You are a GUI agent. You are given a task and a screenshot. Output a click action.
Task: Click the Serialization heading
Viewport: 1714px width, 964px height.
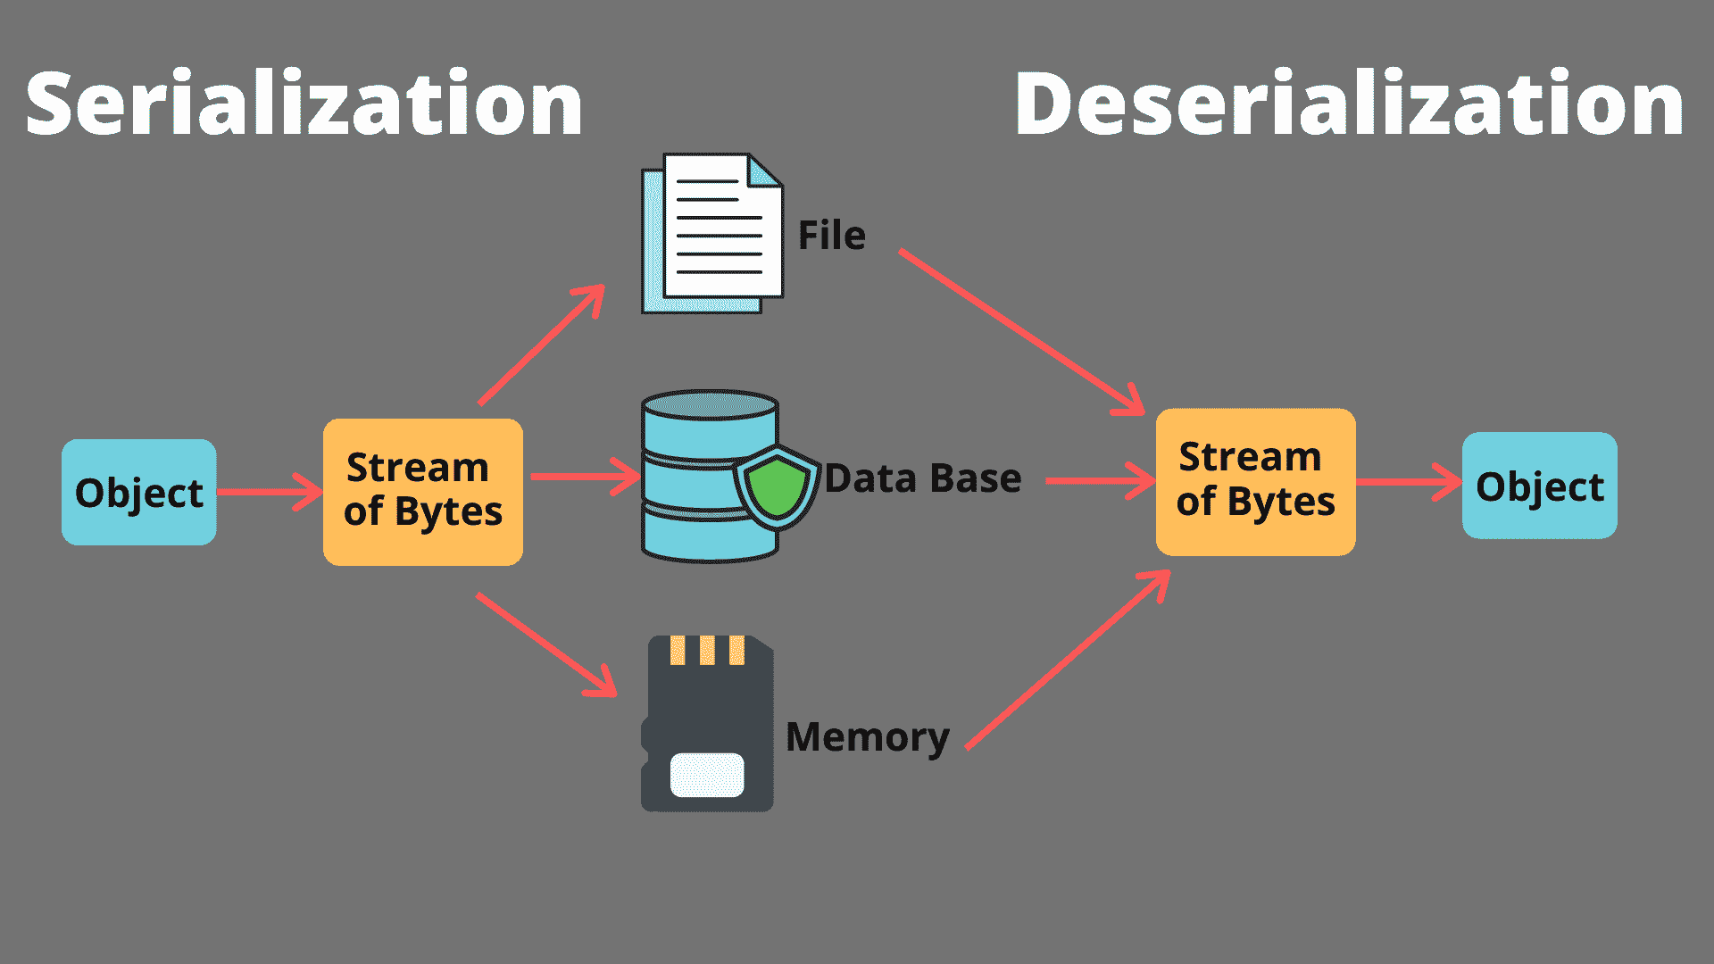[x=304, y=105]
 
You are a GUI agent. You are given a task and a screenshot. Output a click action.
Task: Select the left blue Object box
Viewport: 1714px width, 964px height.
[x=139, y=492]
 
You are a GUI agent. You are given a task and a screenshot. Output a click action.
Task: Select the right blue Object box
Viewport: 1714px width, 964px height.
[x=1539, y=486]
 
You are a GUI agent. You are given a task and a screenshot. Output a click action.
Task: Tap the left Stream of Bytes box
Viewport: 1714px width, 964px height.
[x=422, y=491]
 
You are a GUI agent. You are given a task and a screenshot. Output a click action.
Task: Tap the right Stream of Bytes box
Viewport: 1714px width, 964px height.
[x=1255, y=482]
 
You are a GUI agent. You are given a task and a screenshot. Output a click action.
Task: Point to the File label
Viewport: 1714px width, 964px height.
[x=831, y=236]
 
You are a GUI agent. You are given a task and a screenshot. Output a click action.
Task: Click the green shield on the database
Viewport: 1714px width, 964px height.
[x=777, y=487]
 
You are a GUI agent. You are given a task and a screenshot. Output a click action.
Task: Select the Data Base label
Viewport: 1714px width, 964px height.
[x=922, y=478]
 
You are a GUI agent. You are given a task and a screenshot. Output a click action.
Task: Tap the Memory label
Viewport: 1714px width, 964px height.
[x=867, y=737]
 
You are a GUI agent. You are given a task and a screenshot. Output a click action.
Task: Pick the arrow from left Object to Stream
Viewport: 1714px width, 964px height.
[x=268, y=492]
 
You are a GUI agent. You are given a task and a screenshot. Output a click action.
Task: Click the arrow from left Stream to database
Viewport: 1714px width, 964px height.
[x=585, y=477]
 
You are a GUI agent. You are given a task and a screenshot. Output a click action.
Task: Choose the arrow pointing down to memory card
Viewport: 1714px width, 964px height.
[x=546, y=644]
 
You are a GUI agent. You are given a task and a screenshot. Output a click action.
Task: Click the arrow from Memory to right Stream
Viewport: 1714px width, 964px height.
[x=1068, y=661]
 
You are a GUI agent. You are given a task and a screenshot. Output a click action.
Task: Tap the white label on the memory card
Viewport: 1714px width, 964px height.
[x=707, y=775]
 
